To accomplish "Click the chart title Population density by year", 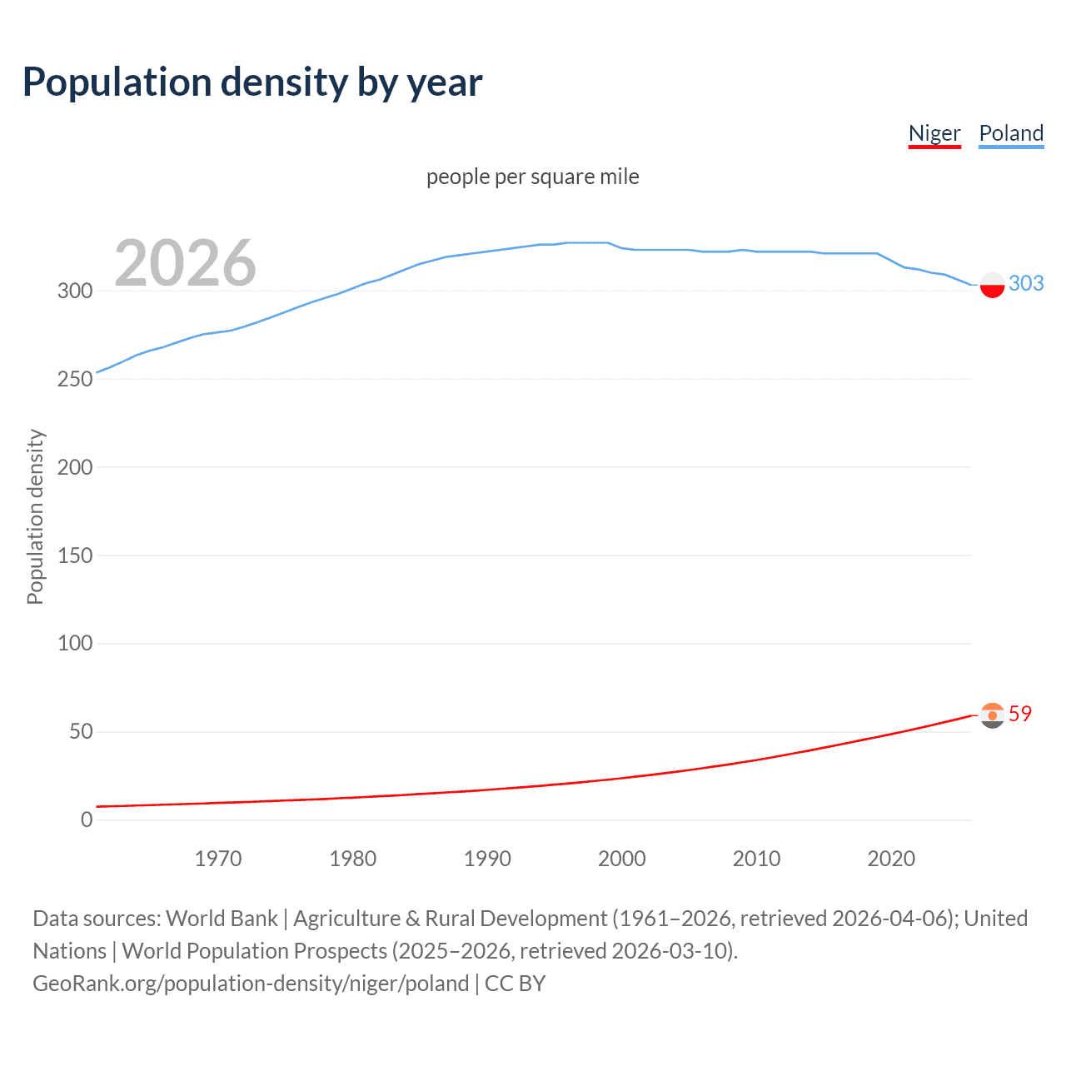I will (252, 82).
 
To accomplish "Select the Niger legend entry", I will (934, 133).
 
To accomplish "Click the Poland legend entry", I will (1011, 133).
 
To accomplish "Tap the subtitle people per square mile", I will (533, 177).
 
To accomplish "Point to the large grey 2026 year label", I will (185, 263).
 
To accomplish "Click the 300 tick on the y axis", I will (74, 291).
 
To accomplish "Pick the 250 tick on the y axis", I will (74, 379).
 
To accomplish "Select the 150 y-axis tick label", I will (74, 555).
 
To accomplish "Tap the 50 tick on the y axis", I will (80, 732).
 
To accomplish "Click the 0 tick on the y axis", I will (87, 819).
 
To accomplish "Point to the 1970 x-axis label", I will (218, 859).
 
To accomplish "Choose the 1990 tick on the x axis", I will (487, 859).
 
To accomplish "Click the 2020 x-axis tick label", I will (891, 859).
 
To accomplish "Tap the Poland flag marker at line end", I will (992, 285).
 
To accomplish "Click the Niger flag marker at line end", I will (992, 715).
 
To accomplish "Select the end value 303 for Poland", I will (1026, 284).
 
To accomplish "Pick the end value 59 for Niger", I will (1020, 714).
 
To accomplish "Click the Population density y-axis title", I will (35, 516).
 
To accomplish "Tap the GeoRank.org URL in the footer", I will (251, 984).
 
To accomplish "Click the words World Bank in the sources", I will (222, 919).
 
